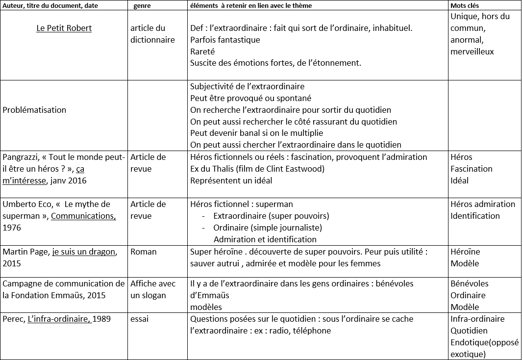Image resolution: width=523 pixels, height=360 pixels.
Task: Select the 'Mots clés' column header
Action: point(465,5)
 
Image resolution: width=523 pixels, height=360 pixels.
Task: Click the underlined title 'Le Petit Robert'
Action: point(64,28)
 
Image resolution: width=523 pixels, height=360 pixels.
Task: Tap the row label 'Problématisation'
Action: point(34,110)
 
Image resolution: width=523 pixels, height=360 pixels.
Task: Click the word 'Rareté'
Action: point(202,51)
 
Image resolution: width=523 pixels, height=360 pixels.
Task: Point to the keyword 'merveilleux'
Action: point(472,51)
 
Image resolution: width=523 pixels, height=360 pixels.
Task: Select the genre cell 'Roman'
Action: point(143,252)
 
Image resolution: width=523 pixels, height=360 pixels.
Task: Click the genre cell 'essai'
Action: point(140,319)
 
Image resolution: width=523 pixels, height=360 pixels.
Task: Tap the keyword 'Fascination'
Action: point(471,169)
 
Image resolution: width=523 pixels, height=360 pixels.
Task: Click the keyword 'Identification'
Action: point(475,216)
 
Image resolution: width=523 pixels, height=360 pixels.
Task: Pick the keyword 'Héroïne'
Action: point(465,252)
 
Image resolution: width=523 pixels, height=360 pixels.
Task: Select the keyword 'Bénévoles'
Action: point(469,283)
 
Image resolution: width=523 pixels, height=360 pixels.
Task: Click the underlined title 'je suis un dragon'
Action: point(84,252)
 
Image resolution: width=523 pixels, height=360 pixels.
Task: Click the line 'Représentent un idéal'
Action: point(231,180)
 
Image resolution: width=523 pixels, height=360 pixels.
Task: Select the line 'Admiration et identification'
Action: point(265,239)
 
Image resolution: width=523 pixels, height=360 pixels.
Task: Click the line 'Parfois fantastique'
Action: point(225,39)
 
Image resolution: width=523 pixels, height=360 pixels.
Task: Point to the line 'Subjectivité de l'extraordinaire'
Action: point(247,86)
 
